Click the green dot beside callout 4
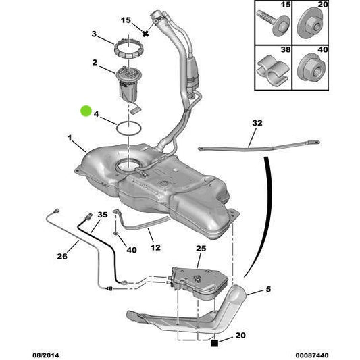(86, 111)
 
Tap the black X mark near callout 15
(145, 34)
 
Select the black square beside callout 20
(214, 344)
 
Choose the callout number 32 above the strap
(257, 123)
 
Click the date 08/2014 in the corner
(46, 355)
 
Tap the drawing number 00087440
(312, 355)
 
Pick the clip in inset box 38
(273, 71)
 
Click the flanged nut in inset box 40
(311, 68)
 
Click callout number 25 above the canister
(201, 249)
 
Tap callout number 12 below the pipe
(155, 247)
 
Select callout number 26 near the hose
(62, 256)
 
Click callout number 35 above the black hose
(103, 215)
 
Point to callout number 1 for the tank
(70, 138)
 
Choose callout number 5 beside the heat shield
(268, 289)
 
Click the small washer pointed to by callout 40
(115, 234)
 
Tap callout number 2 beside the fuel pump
(95, 62)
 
